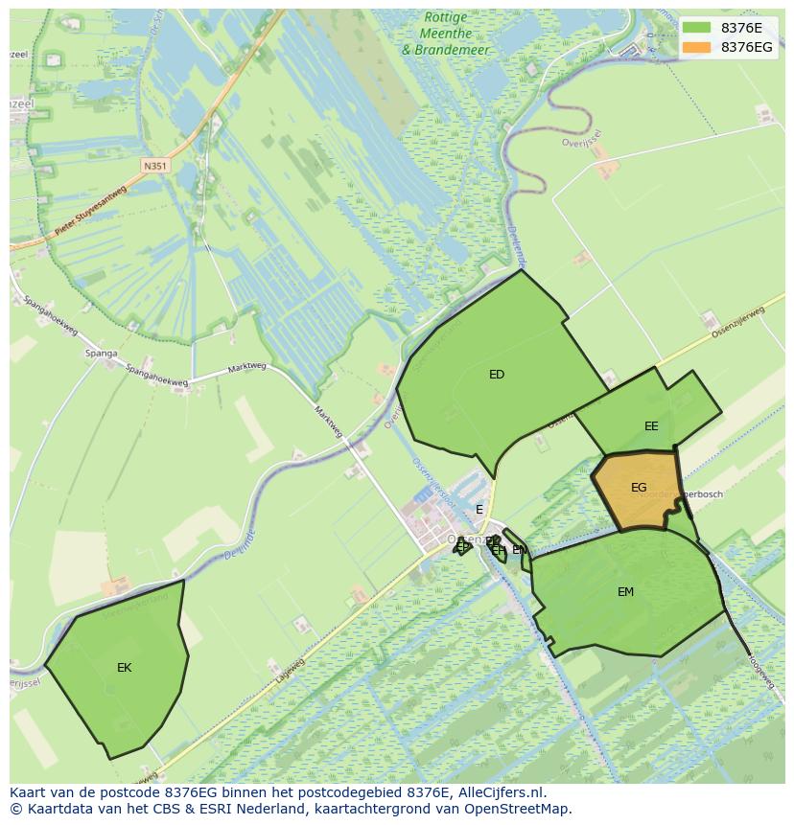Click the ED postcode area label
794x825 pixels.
pyautogui.click(x=496, y=375)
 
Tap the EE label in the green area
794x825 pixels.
pyautogui.click(x=651, y=426)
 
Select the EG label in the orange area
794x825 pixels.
pyautogui.click(x=639, y=488)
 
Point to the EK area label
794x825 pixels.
pyautogui.click(x=124, y=668)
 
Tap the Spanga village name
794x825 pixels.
pyautogui.click(x=101, y=354)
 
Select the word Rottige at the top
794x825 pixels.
pyautogui.click(x=445, y=17)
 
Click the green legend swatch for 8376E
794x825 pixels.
pyautogui.click(x=697, y=28)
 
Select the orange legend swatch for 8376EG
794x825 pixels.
pyautogui.click(x=697, y=47)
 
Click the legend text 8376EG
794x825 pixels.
pyautogui.click(x=746, y=47)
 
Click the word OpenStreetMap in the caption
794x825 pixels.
pyautogui.click(x=523, y=809)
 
